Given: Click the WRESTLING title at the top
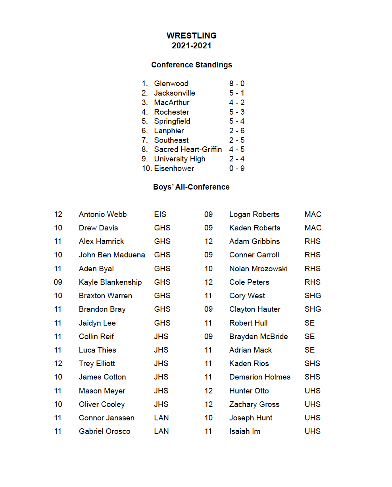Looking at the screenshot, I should click(x=191, y=36).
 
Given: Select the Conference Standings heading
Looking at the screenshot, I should click(x=192, y=65).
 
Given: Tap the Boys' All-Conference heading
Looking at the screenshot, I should click(x=191, y=187).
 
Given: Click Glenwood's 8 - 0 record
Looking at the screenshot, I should click(x=237, y=84).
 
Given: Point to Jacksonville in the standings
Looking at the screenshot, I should click(x=175, y=93).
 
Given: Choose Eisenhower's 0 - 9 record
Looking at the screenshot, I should click(x=237, y=169).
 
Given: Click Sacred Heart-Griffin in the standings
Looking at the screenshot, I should click(x=188, y=150).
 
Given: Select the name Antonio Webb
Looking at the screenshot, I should click(x=103, y=215).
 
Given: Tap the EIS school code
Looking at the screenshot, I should click(x=160, y=215).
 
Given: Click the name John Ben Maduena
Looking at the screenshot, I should click(x=112, y=255).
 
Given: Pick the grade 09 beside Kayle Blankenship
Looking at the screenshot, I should click(x=58, y=282).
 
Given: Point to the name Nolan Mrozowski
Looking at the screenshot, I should click(x=258, y=269).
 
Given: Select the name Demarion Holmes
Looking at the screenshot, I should click(x=260, y=377).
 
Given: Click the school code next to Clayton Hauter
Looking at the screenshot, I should click(x=313, y=309).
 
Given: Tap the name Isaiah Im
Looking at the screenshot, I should click(x=245, y=431).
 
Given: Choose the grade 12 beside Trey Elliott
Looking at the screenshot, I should click(x=58, y=364).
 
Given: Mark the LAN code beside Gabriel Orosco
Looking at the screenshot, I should click(x=161, y=431).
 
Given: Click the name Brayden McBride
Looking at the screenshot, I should click(x=259, y=337).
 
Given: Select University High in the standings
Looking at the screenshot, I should click(x=180, y=159).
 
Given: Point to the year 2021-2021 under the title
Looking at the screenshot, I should click(x=191, y=46).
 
